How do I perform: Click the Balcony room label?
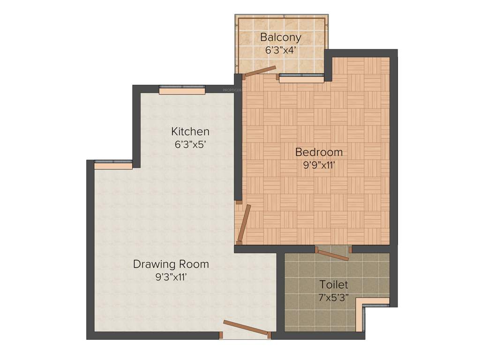(x=281, y=37)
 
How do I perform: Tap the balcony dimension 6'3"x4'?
(x=281, y=50)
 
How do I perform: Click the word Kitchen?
(x=190, y=131)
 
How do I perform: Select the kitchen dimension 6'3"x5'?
(x=191, y=144)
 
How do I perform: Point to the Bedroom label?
(x=319, y=152)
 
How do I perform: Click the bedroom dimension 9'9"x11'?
(x=319, y=165)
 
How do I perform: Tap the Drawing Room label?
(x=171, y=264)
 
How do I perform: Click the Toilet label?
(x=334, y=285)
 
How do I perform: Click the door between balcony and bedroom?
(x=260, y=71)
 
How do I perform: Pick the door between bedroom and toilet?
(x=333, y=254)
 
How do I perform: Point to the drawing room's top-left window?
(x=113, y=164)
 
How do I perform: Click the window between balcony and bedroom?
(x=301, y=78)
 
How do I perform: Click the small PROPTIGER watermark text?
(x=232, y=90)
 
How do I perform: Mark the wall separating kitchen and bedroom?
(x=238, y=141)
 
